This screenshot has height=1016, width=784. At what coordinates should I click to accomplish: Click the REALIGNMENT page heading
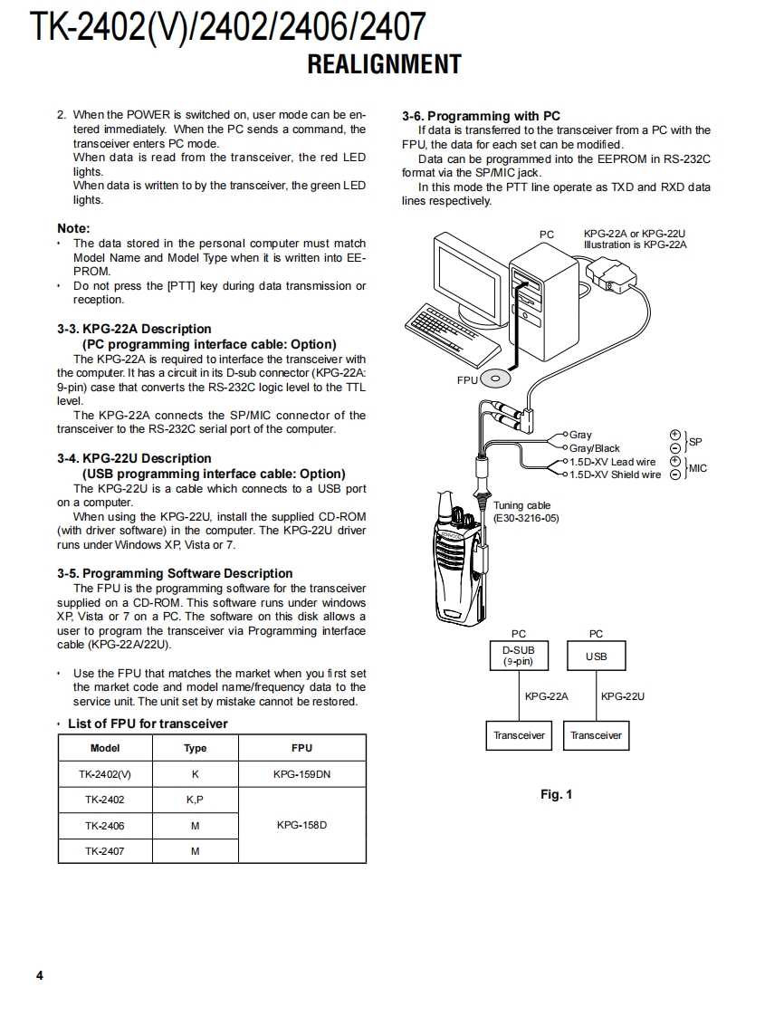pyautogui.click(x=384, y=65)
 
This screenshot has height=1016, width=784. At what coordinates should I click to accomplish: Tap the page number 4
pyautogui.click(x=39, y=975)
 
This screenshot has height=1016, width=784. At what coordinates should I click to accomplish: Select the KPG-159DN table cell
pyautogui.click(x=301, y=774)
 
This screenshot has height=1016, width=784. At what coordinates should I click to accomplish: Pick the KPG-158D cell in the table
pyautogui.click(x=301, y=825)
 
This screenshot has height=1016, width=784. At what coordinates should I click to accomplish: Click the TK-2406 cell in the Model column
pyautogui.click(x=105, y=825)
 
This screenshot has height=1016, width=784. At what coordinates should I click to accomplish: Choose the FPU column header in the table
pyautogui.click(x=301, y=748)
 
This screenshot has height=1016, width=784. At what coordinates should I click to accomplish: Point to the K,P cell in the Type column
pyautogui.click(x=195, y=800)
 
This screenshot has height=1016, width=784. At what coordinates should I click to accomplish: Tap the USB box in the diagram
pyautogui.click(x=596, y=657)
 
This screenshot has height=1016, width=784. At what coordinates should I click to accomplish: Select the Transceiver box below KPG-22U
pyautogui.click(x=596, y=735)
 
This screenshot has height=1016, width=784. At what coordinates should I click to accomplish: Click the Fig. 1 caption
pyautogui.click(x=556, y=795)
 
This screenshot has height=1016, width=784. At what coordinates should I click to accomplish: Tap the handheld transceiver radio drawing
pyautogui.click(x=453, y=561)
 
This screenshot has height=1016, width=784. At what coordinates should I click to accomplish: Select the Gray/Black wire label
pyautogui.click(x=594, y=448)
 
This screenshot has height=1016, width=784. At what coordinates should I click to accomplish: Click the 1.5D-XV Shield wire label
pyautogui.click(x=615, y=474)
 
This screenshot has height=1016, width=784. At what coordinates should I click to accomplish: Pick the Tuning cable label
pyautogui.click(x=521, y=505)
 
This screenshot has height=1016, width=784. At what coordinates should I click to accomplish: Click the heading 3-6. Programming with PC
pyautogui.click(x=481, y=116)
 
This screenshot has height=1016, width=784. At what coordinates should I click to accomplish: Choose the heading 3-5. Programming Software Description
pyautogui.click(x=175, y=573)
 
